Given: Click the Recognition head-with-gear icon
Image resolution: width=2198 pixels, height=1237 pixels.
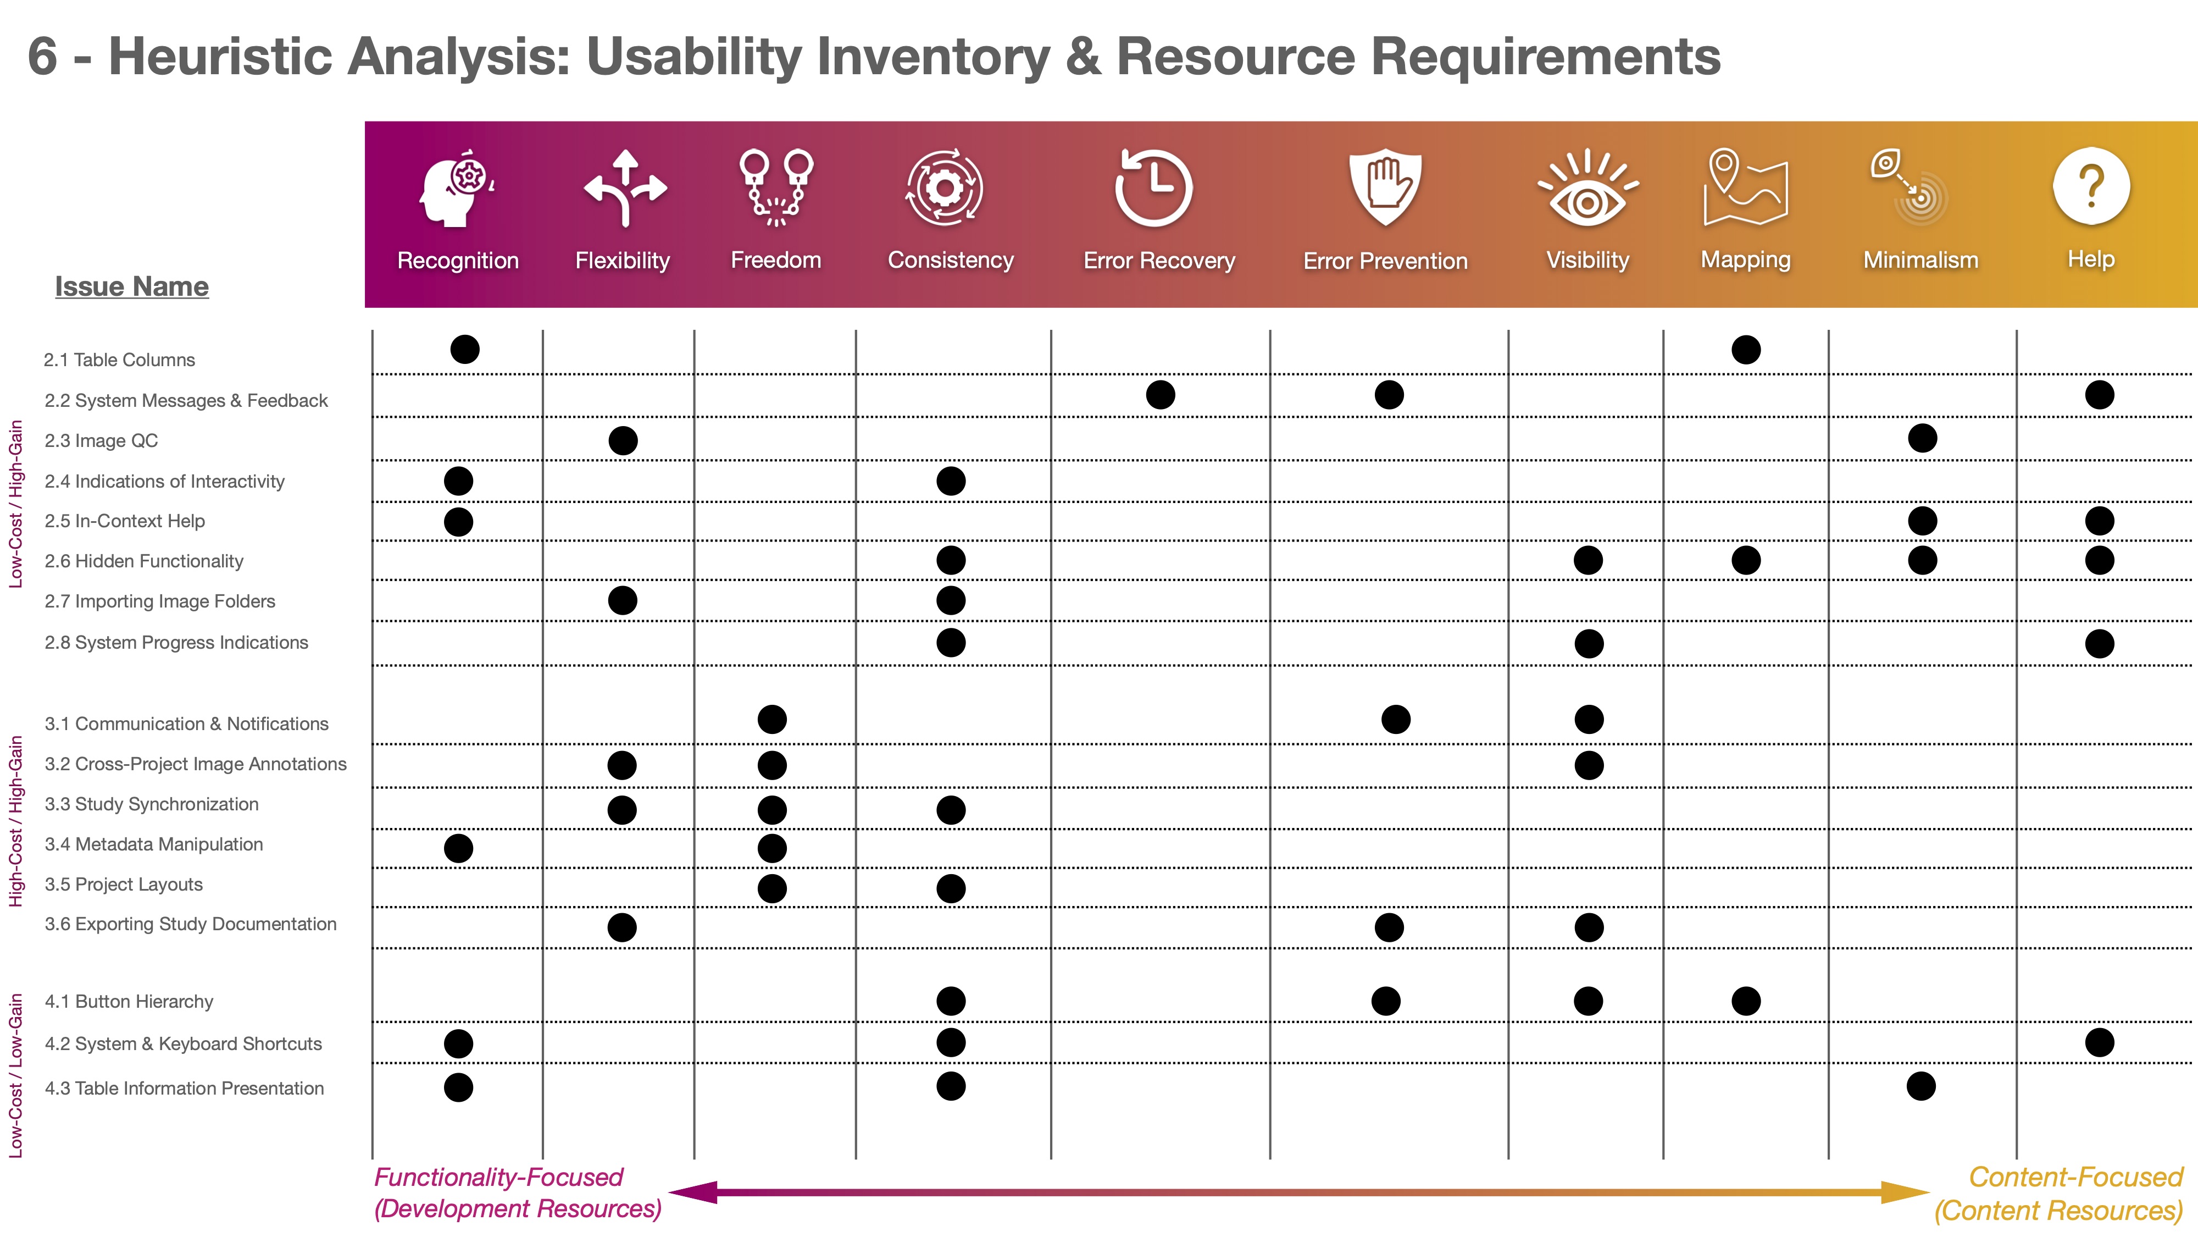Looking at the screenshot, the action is coord(457,188).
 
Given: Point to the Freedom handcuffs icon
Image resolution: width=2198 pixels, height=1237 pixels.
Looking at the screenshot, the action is coord(775,188).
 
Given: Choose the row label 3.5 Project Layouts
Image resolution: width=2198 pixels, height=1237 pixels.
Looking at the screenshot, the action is coord(124,885).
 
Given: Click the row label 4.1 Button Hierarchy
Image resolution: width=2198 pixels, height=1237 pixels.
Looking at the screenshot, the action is coord(129,1001).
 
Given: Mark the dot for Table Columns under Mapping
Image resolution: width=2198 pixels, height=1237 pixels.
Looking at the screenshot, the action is coord(1746,349).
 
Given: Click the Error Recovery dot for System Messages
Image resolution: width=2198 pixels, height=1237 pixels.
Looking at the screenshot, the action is coord(1161,394).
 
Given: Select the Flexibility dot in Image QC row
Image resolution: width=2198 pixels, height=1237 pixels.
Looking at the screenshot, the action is coord(623,440).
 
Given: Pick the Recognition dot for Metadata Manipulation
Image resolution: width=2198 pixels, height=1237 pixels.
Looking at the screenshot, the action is coord(458,848).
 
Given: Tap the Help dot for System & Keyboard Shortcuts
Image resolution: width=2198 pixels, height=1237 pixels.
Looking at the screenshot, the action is coord(2099,1042).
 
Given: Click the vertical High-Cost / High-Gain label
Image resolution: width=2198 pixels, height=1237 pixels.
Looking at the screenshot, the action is coord(15,821).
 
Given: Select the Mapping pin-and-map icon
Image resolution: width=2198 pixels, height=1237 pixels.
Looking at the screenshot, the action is coord(1746,187).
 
